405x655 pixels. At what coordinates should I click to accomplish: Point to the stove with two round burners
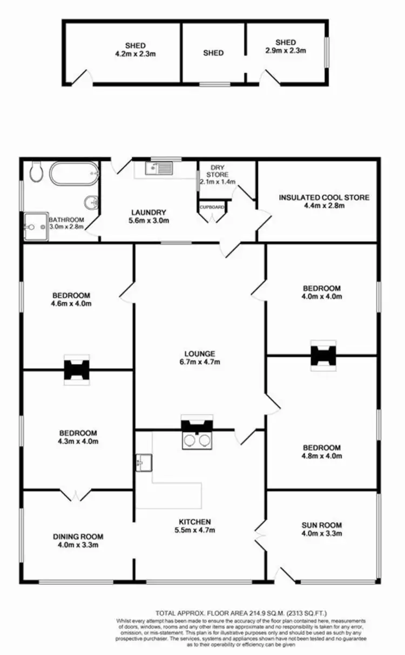(197, 440)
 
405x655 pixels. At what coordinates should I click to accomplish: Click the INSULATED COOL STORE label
(324, 197)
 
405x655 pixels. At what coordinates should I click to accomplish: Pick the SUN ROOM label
(322, 525)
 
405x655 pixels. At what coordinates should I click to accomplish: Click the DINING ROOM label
(78, 536)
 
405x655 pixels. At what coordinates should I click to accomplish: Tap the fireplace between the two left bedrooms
(76, 370)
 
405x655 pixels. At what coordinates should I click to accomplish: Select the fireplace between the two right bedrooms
(323, 356)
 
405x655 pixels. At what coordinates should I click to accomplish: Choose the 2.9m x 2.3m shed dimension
(286, 51)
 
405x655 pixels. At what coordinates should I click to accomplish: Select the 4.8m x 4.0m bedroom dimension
(322, 456)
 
